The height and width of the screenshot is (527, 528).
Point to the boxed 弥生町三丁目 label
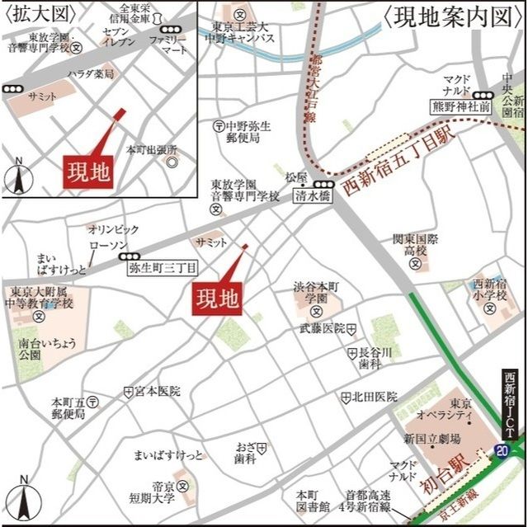tap(163, 268)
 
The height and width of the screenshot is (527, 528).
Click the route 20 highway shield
tap(502, 449)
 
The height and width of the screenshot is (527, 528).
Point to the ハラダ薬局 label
tap(91, 74)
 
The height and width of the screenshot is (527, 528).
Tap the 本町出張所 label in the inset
tap(151, 150)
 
